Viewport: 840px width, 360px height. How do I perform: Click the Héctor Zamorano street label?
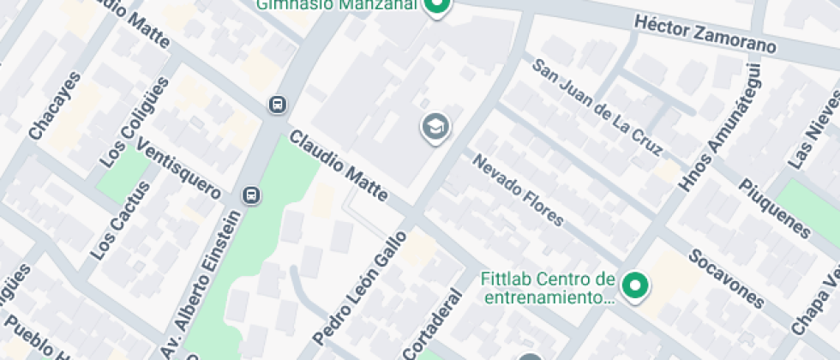point(705,33)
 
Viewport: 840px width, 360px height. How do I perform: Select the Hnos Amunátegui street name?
point(719,128)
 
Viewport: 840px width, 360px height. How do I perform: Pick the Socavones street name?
point(725,279)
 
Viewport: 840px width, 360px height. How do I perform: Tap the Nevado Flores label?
point(518,190)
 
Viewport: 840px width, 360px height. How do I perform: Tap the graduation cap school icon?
point(435,128)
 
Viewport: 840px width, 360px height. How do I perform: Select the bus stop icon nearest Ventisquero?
point(252,195)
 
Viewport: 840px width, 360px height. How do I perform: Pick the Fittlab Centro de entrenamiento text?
point(549,289)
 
